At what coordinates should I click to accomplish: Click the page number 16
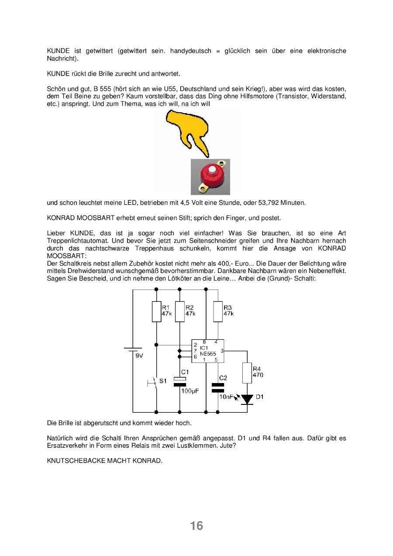(196, 526)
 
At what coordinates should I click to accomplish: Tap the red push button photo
(210, 177)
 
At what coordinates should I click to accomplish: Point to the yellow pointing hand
(187, 133)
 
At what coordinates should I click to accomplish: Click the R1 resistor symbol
(156, 311)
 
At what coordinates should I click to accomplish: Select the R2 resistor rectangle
(179, 311)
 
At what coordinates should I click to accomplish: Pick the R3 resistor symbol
(218, 311)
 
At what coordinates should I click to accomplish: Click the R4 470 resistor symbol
(247, 373)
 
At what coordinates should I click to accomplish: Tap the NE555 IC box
(208, 351)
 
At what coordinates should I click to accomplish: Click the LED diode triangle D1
(247, 399)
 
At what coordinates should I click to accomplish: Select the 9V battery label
(139, 356)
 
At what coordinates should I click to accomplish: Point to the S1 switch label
(163, 381)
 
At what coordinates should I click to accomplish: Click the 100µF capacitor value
(190, 391)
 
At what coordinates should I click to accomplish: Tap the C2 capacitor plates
(218, 388)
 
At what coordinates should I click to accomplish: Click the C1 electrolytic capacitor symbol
(179, 382)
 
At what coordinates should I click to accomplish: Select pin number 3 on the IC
(222, 351)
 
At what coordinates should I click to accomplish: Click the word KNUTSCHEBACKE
(76, 461)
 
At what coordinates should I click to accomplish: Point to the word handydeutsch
(190, 51)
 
